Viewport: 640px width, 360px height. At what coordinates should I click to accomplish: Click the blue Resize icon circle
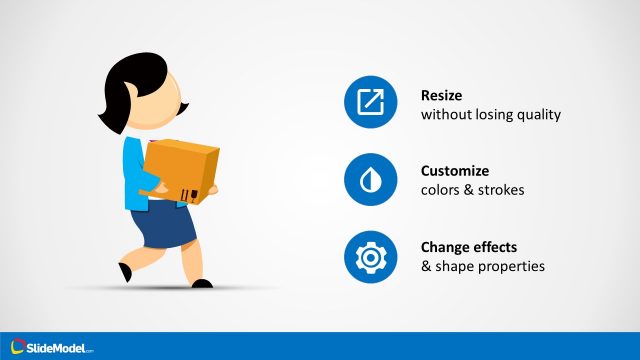coord(370,103)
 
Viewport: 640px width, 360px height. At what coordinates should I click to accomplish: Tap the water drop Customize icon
coord(370,180)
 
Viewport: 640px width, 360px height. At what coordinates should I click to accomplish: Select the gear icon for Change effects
coord(370,257)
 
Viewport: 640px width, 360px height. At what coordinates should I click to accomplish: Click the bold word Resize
coord(442,94)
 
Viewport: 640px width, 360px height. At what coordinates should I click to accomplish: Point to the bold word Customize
coord(455,171)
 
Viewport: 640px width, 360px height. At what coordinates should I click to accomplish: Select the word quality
coord(538,115)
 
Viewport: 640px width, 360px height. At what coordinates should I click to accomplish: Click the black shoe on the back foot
coord(124,271)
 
